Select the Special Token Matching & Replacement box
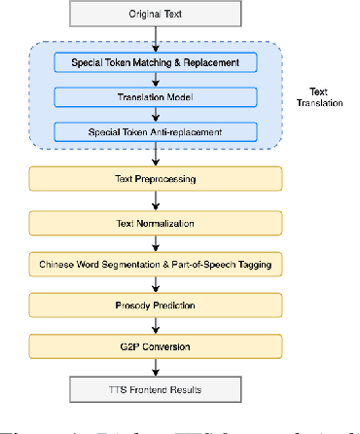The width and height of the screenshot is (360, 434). click(x=155, y=63)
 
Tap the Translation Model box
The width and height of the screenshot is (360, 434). click(x=155, y=97)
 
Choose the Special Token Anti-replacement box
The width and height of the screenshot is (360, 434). click(x=155, y=130)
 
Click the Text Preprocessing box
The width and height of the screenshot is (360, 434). click(x=155, y=179)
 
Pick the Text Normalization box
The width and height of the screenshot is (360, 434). click(x=155, y=223)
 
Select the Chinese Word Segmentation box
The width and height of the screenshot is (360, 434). click(x=155, y=264)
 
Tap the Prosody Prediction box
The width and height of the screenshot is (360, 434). click(x=155, y=305)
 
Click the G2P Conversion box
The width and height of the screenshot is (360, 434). click(x=155, y=345)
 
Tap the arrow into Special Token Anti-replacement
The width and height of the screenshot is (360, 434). click(x=155, y=114)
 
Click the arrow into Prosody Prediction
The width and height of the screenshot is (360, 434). click(x=155, y=284)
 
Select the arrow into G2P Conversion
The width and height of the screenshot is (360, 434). click(x=155, y=325)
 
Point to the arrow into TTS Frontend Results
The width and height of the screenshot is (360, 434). click(x=155, y=366)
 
